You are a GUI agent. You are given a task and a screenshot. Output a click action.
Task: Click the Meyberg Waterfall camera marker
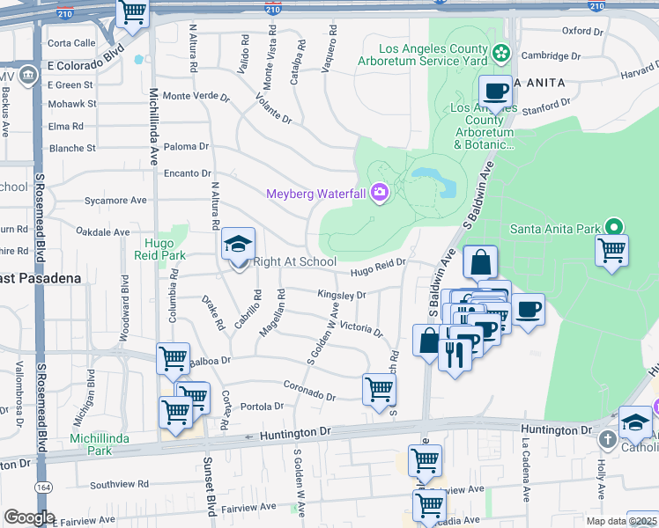pos(380,192)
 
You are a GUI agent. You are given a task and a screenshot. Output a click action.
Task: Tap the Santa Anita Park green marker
pos(616,228)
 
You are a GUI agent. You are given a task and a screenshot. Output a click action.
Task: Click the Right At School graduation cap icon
pos(237,245)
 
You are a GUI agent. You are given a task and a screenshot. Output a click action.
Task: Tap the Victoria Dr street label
pos(361,329)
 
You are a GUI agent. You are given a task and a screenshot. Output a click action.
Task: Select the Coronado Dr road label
pos(309,391)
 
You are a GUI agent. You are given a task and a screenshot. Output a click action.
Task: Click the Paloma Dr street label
pos(186,147)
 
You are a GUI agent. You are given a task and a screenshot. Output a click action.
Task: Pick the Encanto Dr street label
pos(189,174)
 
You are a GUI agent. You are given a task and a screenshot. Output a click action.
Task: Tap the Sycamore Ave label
pos(115,201)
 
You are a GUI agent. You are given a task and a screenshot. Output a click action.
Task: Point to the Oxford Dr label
pos(581,30)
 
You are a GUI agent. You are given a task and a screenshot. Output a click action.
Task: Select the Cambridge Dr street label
pos(551,55)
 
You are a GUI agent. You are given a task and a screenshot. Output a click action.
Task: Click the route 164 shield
pos(42,486)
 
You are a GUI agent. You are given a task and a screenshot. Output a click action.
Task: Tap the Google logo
pos(28,517)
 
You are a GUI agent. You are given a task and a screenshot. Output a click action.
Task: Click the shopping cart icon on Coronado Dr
pos(379,387)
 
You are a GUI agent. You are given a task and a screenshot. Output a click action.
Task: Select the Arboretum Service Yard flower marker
pos(500,53)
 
